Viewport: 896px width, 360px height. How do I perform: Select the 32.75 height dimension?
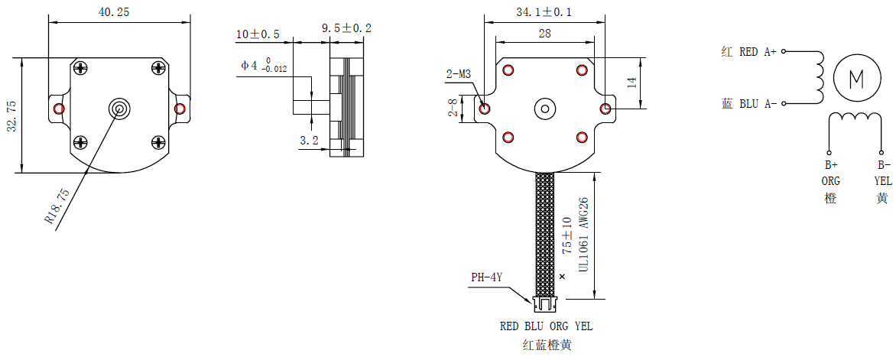point(12,115)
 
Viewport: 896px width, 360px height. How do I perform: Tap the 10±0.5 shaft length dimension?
point(258,34)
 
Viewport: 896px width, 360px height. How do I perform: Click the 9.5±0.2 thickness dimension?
point(346,28)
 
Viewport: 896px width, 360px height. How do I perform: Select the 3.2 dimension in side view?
point(309,141)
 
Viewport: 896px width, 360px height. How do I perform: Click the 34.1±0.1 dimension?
point(544,12)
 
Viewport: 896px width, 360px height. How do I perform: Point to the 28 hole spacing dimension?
point(544,33)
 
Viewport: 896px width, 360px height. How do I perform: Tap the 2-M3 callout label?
point(459,74)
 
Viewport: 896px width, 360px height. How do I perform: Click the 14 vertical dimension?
point(631,83)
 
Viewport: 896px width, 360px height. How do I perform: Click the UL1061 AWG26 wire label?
point(583,234)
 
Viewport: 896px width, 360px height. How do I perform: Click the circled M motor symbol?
point(856,77)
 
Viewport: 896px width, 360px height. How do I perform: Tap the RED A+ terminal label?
point(758,52)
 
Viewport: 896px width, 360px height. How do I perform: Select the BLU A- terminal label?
point(758,103)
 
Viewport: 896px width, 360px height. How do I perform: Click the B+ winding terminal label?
point(830,165)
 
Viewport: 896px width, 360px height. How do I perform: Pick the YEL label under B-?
point(883,181)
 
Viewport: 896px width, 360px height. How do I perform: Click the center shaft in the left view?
point(119,108)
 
